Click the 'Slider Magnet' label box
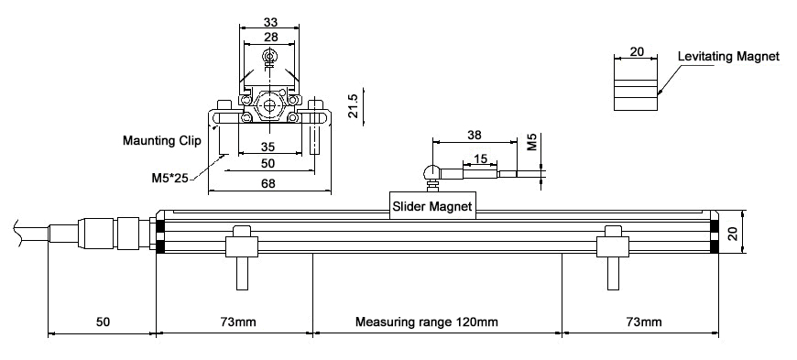pyautogui.click(x=432, y=206)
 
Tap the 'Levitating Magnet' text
pyautogui.click(x=728, y=57)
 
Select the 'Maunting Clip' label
pyautogui.click(x=161, y=140)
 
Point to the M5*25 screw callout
pyautogui.click(x=169, y=179)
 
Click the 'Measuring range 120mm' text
pyautogui.click(x=427, y=322)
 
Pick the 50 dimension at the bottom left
pyautogui.click(x=103, y=322)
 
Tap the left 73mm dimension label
pyautogui.click(x=238, y=322)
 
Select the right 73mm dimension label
pyautogui.click(x=644, y=322)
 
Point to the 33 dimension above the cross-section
pyautogui.click(x=270, y=22)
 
